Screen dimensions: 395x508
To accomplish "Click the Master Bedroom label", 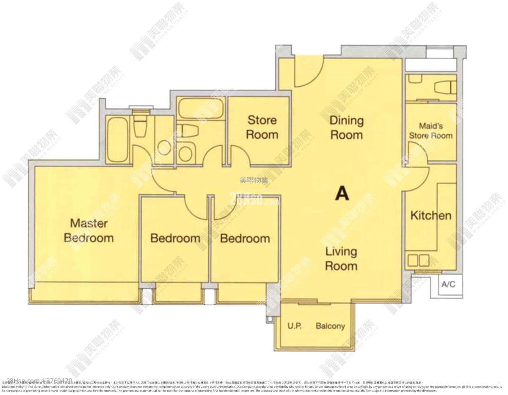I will coord(88,230).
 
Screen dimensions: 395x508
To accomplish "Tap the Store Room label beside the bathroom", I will coord(262,127).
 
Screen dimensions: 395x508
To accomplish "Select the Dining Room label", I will coord(346,128).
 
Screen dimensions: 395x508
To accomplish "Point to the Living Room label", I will coord(341,259).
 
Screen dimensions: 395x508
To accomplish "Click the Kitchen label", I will coord(431,216).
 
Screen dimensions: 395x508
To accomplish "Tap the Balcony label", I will coord(330,326).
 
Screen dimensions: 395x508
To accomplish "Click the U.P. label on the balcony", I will coord(294,326).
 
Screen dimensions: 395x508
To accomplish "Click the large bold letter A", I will coord(342,193).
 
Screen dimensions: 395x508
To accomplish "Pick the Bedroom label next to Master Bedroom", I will coord(175,239).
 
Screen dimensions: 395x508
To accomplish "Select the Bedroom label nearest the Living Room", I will coord(245,239).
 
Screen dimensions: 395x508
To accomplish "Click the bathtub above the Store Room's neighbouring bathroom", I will coord(200,109).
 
